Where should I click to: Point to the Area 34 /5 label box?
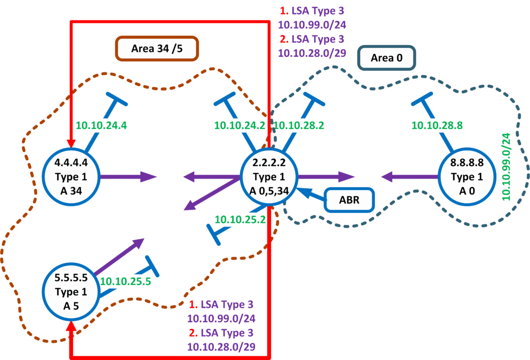point(157,49)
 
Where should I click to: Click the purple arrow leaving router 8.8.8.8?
point(409,177)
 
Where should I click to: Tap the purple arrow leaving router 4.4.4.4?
point(127,177)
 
